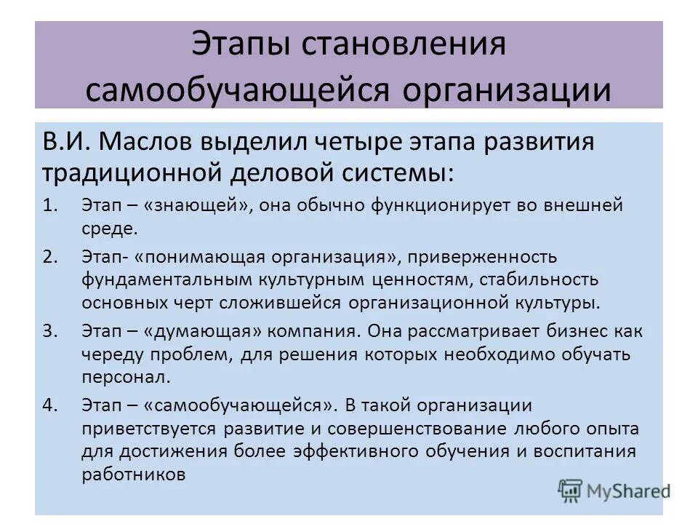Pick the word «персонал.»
[x=126, y=378]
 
